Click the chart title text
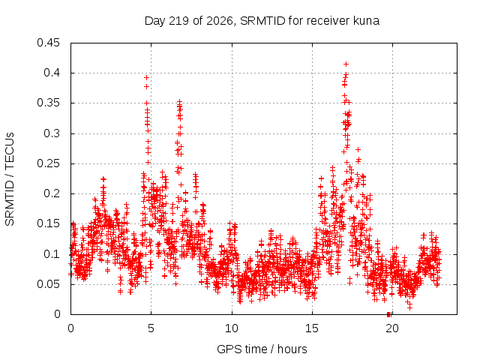tap(262, 21)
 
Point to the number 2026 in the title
tap(220, 21)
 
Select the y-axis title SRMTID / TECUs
tap(10, 179)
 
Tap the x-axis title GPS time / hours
tap(262, 349)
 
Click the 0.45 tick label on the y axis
tap(48, 43)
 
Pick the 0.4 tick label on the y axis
tap(52, 73)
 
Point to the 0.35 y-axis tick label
tap(48, 103)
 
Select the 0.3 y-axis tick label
tap(52, 133)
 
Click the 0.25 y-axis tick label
tap(48, 163)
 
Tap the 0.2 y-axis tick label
tap(52, 193)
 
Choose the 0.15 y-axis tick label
tap(48, 223)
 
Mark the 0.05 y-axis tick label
tap(48, 284)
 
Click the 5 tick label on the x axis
tap(151, 328)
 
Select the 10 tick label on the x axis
tap(232, 328)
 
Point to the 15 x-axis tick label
tap(312, 328)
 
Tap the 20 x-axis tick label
tap(392, 328)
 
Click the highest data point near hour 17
tap(346, 64)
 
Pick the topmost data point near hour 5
tap(147, 78)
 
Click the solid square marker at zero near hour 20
tap(388, 314)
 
